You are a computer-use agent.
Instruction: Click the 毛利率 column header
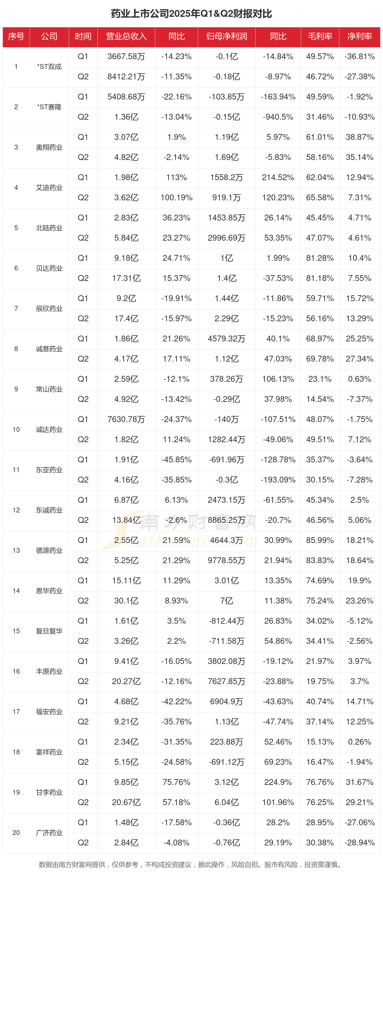(320, 36)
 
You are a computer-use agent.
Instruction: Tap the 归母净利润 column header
(227, 36)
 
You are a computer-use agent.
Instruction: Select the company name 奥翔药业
(49, 147)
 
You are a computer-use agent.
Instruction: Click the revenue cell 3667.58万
(126, 57)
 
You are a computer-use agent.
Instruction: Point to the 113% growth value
(176, 177)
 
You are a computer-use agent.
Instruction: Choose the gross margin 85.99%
(320, 540)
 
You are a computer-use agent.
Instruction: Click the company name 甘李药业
(49, 792)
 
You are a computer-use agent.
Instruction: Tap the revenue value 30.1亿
(126, 601)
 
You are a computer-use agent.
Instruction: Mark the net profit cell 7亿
(227, 601)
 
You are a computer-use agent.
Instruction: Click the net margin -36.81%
(360, 57)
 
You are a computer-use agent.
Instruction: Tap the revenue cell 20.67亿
(126, 802)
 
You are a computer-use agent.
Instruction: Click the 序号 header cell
(16, 36)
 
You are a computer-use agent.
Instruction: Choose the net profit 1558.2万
(227, 177)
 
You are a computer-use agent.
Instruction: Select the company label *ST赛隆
(49, 107)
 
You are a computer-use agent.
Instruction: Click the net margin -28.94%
(360, 843)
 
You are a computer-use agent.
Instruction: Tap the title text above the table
(191, 14)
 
